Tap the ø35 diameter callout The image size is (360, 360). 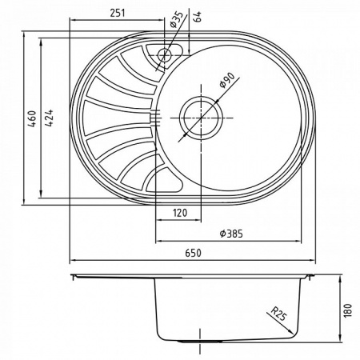click(175, 18)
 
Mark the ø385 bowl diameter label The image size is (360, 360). click(230, 234)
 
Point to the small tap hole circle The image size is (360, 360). click(165, 56)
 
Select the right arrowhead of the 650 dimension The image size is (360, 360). click(314, 260)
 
